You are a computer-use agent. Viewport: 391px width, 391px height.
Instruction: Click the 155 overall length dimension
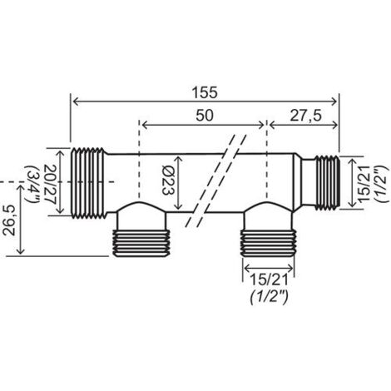(205, 92)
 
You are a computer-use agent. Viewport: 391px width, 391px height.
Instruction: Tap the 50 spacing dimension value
(205, 116)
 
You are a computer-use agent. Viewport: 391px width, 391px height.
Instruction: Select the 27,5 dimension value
(306, 116)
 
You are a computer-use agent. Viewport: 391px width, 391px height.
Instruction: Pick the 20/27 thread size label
(50, 184)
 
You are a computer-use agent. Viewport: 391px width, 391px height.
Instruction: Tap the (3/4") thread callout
(32, 185)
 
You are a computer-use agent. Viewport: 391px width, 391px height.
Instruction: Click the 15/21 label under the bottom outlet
(269, 280)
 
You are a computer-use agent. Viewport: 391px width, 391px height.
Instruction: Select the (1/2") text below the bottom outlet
(270, 298)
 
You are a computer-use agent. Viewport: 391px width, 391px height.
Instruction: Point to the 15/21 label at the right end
(364, 183)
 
